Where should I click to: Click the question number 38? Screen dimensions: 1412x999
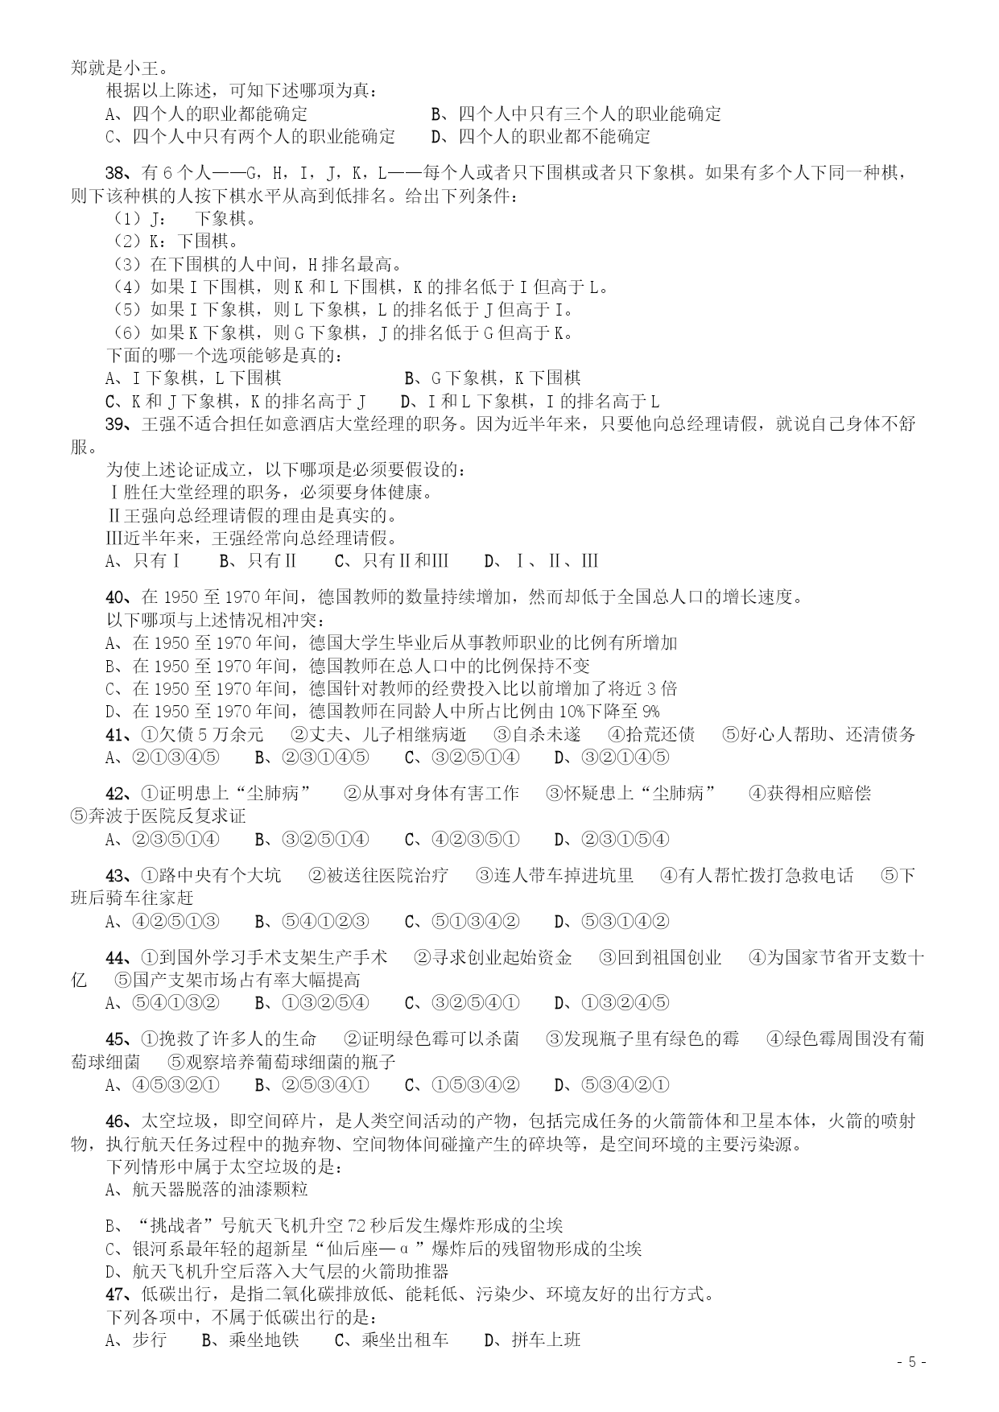117,173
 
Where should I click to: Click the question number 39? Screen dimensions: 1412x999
117,424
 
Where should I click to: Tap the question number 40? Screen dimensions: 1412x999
117,597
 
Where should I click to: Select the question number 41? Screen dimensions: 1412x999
117,734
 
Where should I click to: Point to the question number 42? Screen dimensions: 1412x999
117,794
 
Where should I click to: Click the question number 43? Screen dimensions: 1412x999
117,876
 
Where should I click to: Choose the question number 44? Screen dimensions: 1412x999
117,958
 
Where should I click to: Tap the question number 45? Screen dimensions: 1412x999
117,1039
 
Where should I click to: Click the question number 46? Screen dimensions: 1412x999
117,1121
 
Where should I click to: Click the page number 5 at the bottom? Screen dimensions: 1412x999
912,1362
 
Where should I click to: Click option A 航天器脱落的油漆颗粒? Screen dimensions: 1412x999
207,1189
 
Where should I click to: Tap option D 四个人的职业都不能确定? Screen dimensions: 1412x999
541,137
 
